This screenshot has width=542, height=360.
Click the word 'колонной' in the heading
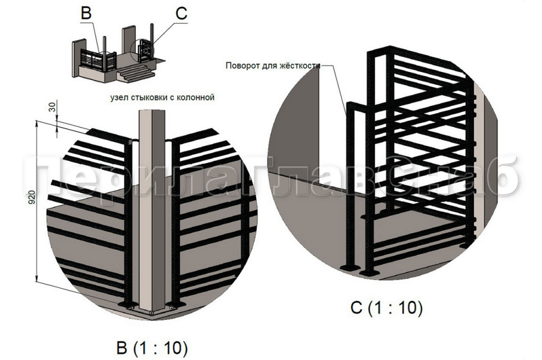197,98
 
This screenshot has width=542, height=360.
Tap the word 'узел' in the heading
119,98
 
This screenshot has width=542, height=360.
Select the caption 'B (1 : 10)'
152,348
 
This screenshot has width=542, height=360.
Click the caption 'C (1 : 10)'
386,308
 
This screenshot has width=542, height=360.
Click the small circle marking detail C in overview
145,51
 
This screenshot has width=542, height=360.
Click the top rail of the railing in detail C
418,55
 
